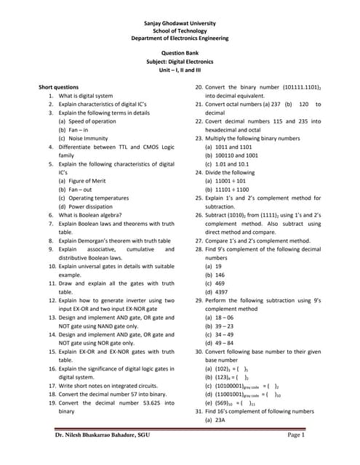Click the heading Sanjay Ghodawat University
[180, 23]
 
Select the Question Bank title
[180, 53]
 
